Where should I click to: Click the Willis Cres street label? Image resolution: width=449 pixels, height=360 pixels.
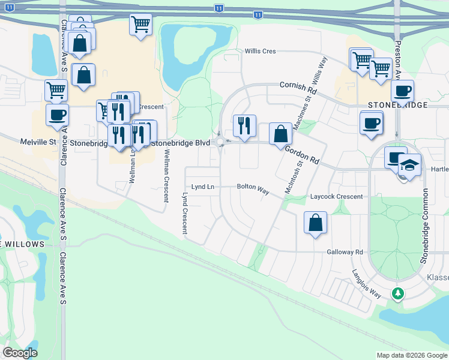[260, 52]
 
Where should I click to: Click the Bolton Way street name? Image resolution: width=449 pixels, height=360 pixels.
[253, 187]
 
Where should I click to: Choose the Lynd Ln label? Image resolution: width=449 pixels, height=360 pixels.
[202, 187]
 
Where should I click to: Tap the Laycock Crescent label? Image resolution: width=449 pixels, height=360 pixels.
[336, 197]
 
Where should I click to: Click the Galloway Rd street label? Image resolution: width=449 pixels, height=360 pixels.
[345, 253]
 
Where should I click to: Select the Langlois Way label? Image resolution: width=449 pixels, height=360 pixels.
[367, 284]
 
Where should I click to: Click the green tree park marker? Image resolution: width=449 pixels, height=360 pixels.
[397, 293]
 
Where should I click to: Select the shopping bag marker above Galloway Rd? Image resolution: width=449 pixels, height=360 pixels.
[316, 223]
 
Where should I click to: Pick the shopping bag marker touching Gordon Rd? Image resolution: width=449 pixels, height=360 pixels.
[280, 134]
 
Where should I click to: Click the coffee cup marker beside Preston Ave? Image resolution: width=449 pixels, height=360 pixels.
[402, 91]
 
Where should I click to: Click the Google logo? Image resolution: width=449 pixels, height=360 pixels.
[20, 353]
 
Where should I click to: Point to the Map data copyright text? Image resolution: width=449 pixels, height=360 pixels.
[411, 355]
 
